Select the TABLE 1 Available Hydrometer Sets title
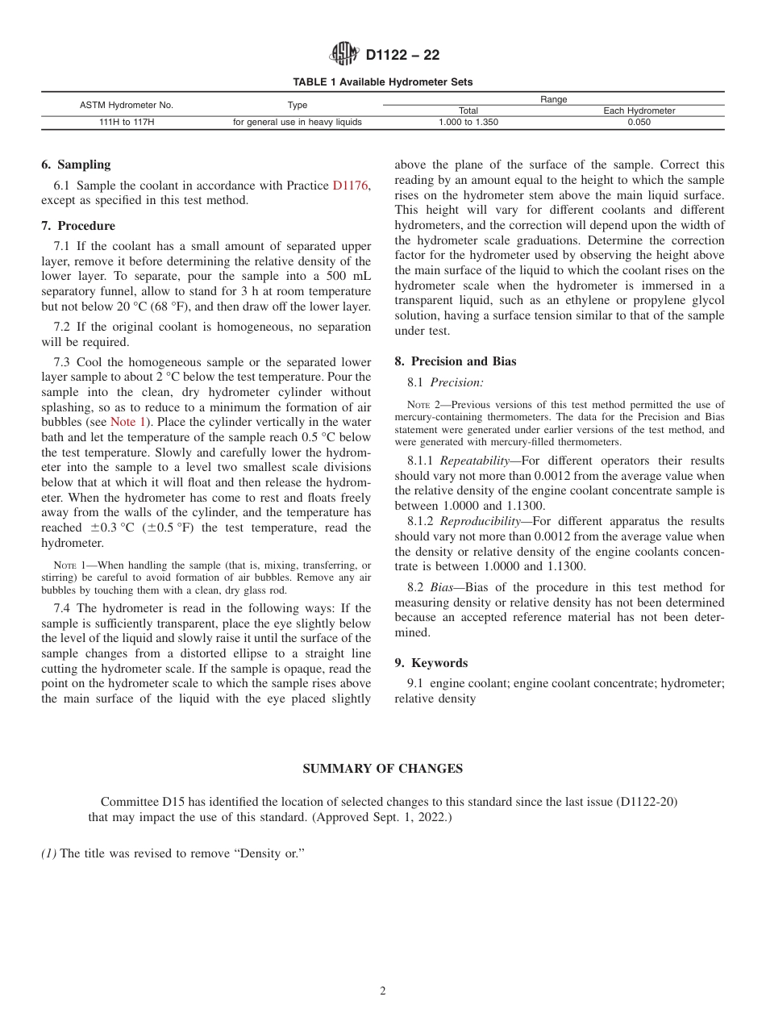(x=382, y=82)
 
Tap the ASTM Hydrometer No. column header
(x=127, y=105)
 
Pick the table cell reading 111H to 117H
(x=127, y=123)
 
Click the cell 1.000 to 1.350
(x=468, y=123)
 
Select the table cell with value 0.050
(x=639, y=123)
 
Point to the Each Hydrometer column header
(x=639, y=111)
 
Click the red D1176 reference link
(x=351, y=186)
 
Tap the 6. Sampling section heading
(x=76, y=165)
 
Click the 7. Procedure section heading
(x=78, y=226)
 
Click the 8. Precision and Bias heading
(x=455, y=361)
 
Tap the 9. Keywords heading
(x=431, y=663)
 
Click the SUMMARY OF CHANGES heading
(x=382, y=769)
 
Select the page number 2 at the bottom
(x=383, y=991)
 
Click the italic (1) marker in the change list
(x=48, y=853)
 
